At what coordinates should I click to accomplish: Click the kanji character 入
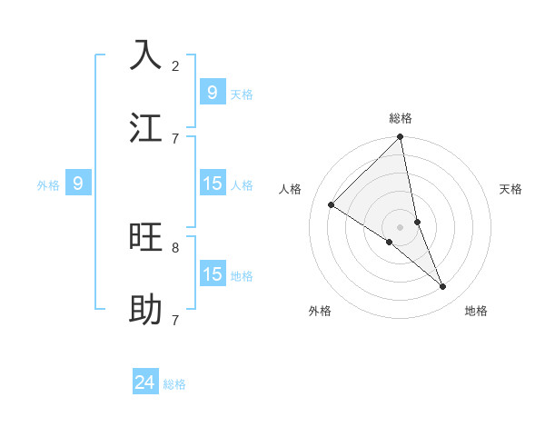pos(146,55)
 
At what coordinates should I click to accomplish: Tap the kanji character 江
pos(146,127)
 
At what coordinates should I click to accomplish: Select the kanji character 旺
pos(146,237)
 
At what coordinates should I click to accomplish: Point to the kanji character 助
pos(146,310)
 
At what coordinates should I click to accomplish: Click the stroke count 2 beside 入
pos(175,65)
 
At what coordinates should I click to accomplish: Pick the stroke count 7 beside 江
pos(175,138)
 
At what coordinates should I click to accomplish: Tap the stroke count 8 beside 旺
pos(175,247)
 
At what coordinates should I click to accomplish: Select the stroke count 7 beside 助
pos(175,320)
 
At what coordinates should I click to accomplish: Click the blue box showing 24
pos(145,382)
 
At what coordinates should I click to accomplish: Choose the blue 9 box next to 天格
pos(212,92)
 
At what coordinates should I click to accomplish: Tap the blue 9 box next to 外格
pos(78,184)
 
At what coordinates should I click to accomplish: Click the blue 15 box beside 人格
pos(212,184)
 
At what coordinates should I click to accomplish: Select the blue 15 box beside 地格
pos(212,273)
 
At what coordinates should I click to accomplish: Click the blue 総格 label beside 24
pos(174,384)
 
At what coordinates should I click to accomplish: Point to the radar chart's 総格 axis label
pos(401,118)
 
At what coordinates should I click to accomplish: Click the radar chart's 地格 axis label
pos(476,311)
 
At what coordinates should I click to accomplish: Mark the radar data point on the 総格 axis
pos(401,138)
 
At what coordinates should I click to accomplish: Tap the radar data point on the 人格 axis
pos(332,205)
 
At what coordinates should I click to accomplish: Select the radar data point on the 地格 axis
pos(443,287)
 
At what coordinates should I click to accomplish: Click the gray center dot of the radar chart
pos(401,227)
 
